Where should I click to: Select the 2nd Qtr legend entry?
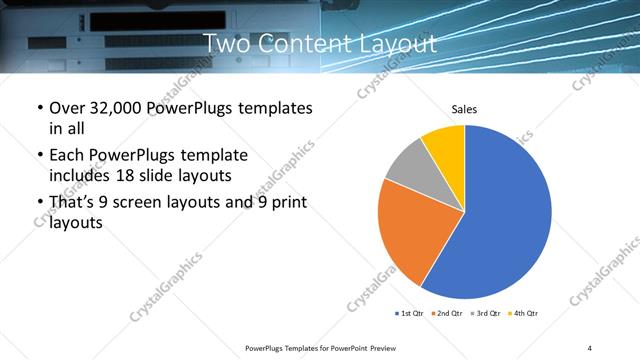(448, 314)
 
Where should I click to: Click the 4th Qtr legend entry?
(525, 314)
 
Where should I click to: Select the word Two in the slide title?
(226, 44)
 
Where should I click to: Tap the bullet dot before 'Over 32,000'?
(39, 108)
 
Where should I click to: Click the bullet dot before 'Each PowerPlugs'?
(39, 156)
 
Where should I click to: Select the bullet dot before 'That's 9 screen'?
(39, 205)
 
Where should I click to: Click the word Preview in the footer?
(396, 347)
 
